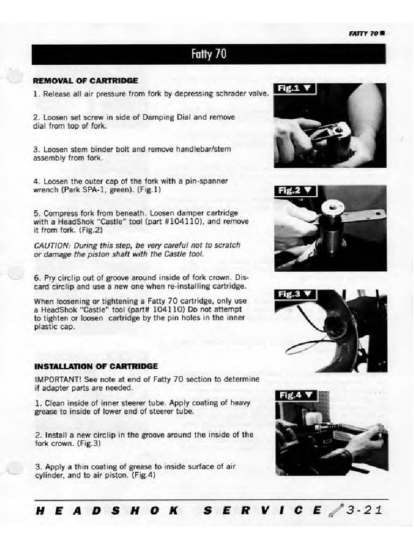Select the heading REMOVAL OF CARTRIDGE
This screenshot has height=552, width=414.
click(x=86, y=81)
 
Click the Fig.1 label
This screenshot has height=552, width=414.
click(x=295, y=88)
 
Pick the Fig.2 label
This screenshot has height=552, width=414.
click(x=295, y=190)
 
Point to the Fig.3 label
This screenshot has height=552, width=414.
click(x=295, y=294)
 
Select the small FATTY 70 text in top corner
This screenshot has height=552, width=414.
click(x=364, y=33)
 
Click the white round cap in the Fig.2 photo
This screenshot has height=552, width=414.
click(x=329, y=207)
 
